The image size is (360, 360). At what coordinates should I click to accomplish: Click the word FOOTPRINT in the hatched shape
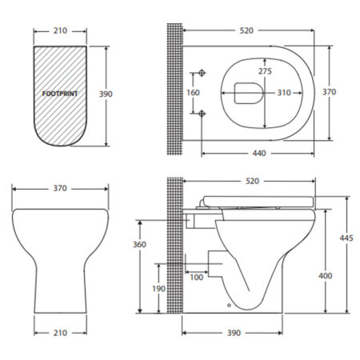(x=60, y=94)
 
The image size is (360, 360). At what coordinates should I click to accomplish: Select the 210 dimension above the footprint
(x=60, y=30)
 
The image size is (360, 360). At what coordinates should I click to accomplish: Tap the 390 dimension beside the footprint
(x=106, y=94)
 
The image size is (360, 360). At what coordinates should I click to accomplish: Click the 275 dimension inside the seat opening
(x=265, y=71)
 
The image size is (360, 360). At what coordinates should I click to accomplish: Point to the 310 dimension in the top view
(x=284, y=93)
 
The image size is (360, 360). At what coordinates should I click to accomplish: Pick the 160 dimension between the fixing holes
(x=193, y=93)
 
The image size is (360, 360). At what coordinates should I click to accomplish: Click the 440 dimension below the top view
(x=259, y=153)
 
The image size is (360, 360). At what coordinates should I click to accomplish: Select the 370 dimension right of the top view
(x=329, y=92)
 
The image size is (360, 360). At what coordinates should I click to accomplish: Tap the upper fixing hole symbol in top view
(x=202, y=73)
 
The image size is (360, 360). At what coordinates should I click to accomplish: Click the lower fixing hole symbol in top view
(x=202, y=114)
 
